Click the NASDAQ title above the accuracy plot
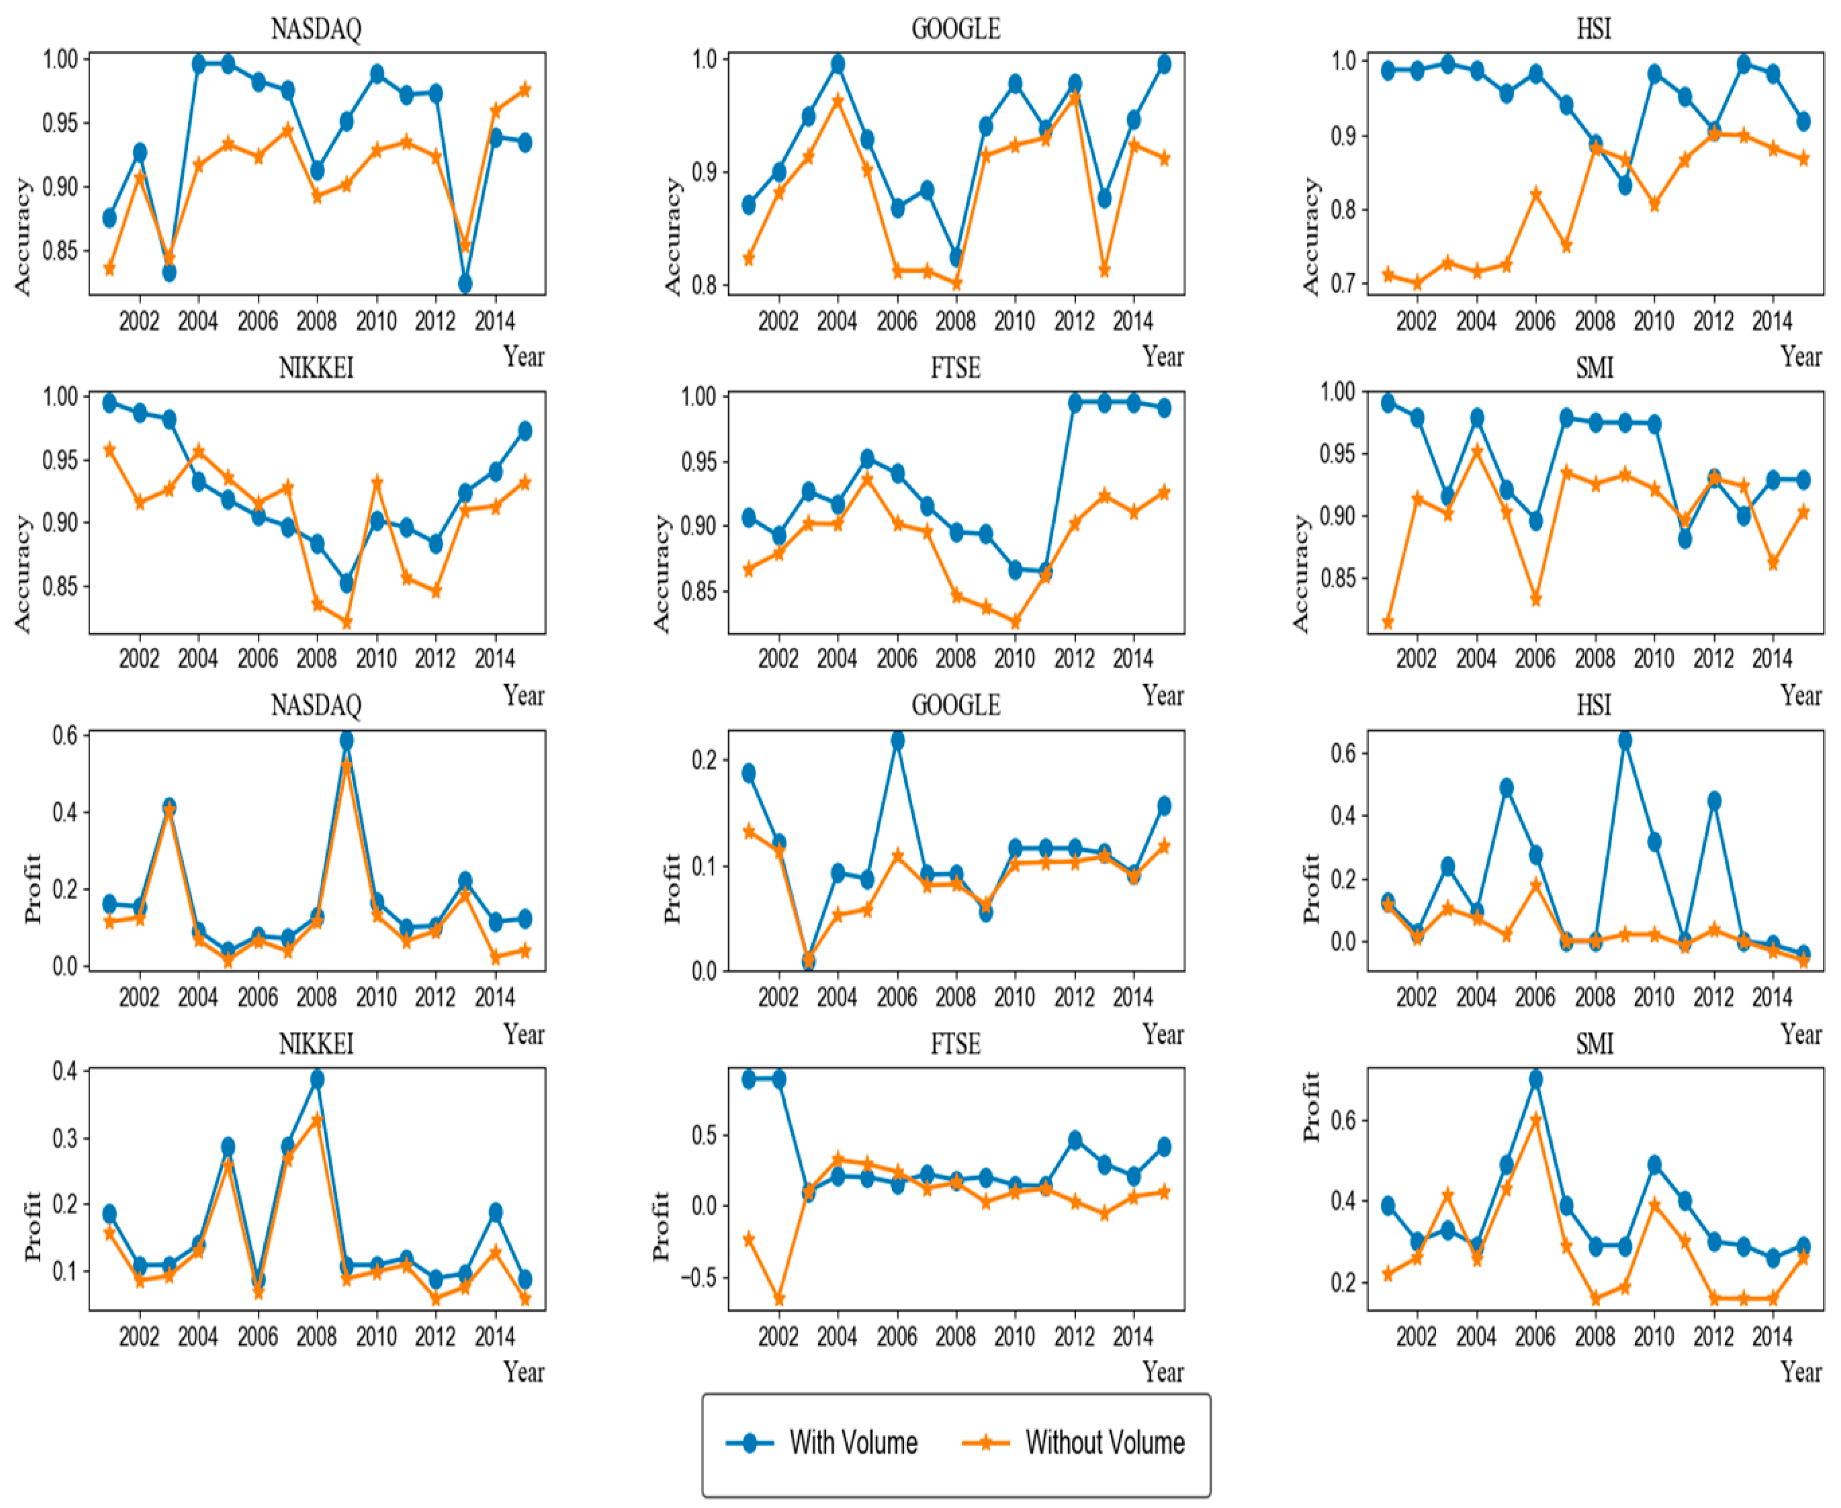point(316,29)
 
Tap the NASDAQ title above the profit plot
point(316,704)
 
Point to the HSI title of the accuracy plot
point(1594,29)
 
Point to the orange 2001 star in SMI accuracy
point(1387,622)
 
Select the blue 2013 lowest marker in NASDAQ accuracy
point(465,284)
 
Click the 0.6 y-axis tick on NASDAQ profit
point(65,736)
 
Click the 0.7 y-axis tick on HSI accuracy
point(1343,284)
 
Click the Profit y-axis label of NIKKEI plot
point(32,1226)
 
